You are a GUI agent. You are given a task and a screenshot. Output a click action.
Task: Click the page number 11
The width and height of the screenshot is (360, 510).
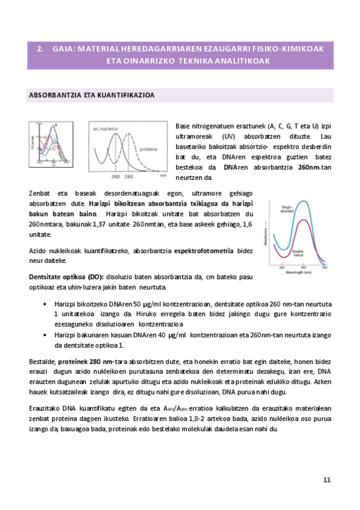326,479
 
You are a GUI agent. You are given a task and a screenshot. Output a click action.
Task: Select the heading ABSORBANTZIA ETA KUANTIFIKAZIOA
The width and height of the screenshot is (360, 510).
92,95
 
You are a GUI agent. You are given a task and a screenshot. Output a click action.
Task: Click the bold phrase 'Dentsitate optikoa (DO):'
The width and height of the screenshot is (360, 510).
67,277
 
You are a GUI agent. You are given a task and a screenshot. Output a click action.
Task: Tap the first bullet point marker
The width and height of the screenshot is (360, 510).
46,305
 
